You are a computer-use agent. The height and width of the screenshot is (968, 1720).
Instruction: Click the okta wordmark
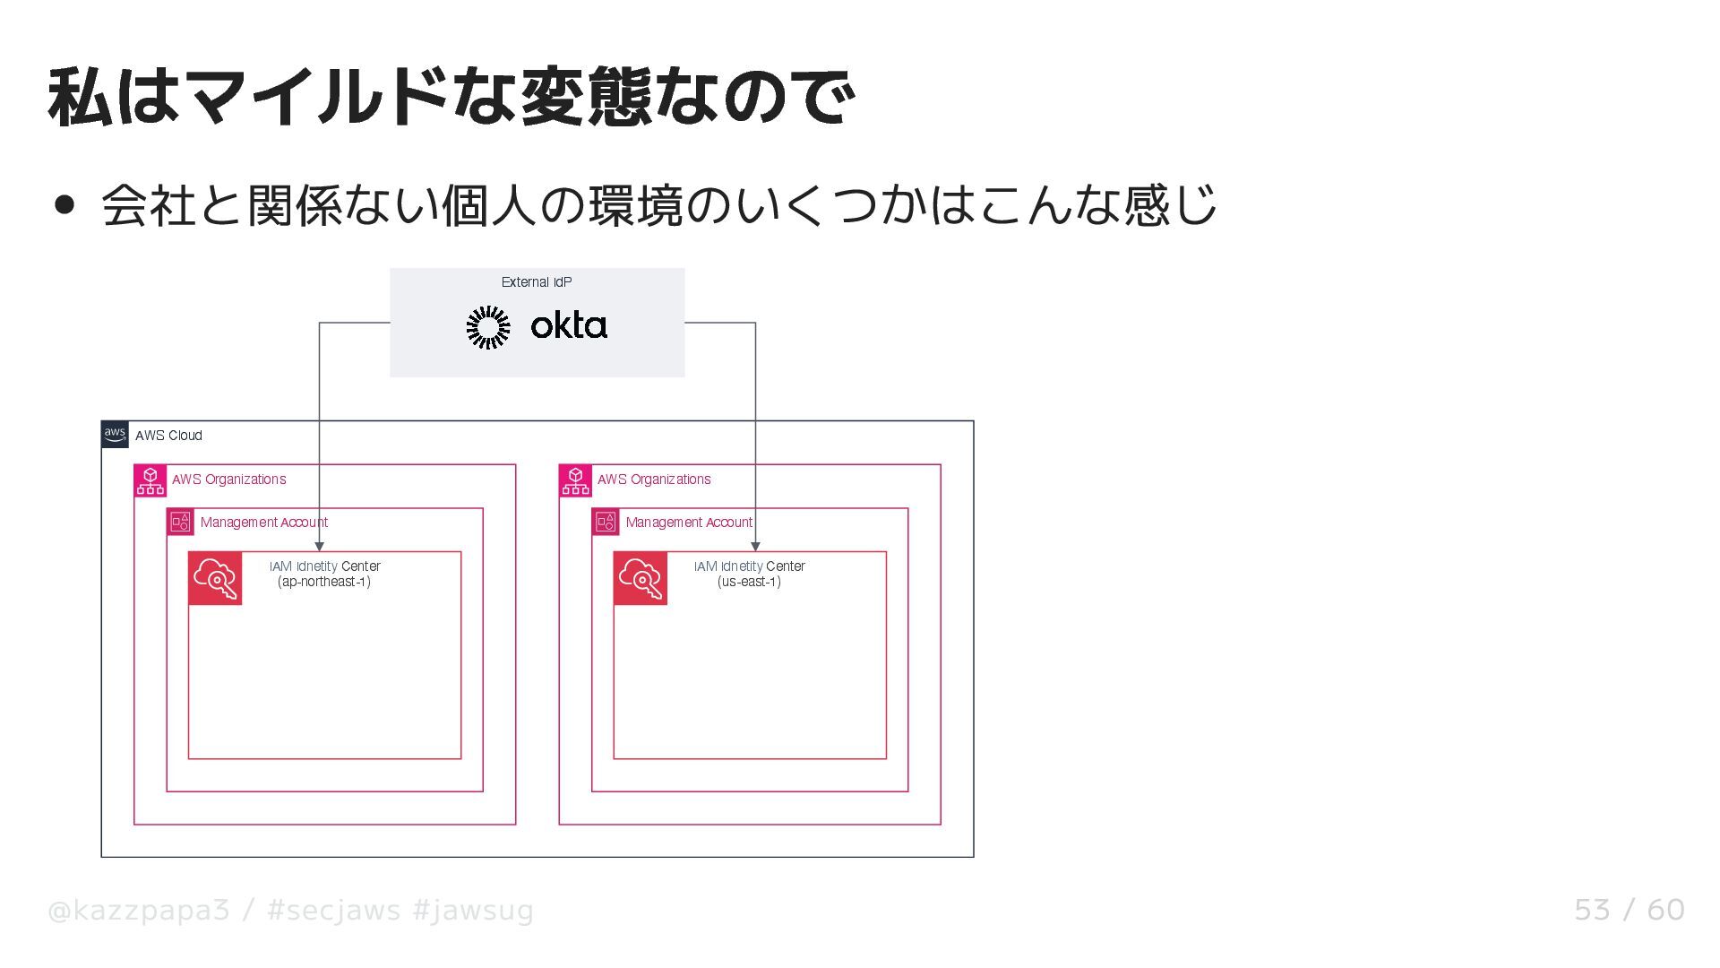tap(569, 325)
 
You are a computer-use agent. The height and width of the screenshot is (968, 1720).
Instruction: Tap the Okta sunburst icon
tap(488, 327)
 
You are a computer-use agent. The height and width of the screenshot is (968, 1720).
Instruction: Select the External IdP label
tap(537, 282)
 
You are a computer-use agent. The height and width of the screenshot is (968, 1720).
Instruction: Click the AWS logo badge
tap(115, 435)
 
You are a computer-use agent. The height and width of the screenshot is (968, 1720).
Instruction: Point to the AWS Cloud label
tap(168, 436)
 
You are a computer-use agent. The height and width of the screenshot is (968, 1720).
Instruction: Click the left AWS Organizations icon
tap(150, 480)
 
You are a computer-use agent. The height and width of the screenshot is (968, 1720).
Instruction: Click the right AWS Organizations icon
tap(575, 480)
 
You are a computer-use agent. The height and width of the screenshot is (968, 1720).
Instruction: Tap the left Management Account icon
tap(181, 522)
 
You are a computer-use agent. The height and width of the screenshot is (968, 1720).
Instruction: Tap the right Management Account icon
tap(606, 522)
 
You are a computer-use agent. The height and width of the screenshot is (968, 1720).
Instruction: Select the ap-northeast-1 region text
tap(324, 582)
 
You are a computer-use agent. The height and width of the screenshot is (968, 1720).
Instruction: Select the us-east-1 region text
tap(749, 582)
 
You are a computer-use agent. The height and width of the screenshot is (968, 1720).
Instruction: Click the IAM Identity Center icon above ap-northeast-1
tap(215, 578)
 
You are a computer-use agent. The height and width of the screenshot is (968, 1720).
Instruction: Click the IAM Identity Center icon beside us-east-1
tap(641, 578)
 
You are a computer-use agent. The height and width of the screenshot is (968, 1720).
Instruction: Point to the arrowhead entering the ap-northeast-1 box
tap(320, 546)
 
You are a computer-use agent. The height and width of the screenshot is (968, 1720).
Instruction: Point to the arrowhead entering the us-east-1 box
tap(755, 546)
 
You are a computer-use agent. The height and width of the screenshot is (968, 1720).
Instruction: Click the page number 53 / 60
tap(1629, 911)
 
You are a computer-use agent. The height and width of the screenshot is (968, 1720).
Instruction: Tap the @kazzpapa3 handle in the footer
tap(139, 911)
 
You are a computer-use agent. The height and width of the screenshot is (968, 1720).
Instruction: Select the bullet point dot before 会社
tap(64, 205)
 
